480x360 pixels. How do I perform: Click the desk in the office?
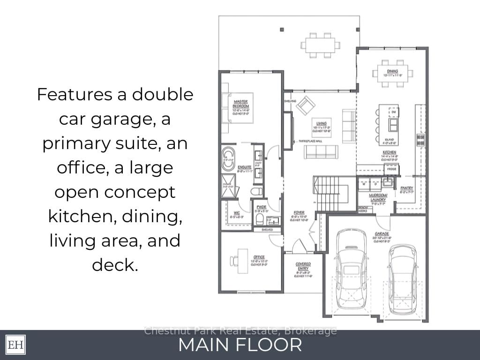242,261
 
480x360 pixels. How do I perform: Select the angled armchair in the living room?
306,105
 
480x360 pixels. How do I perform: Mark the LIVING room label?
322,124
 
